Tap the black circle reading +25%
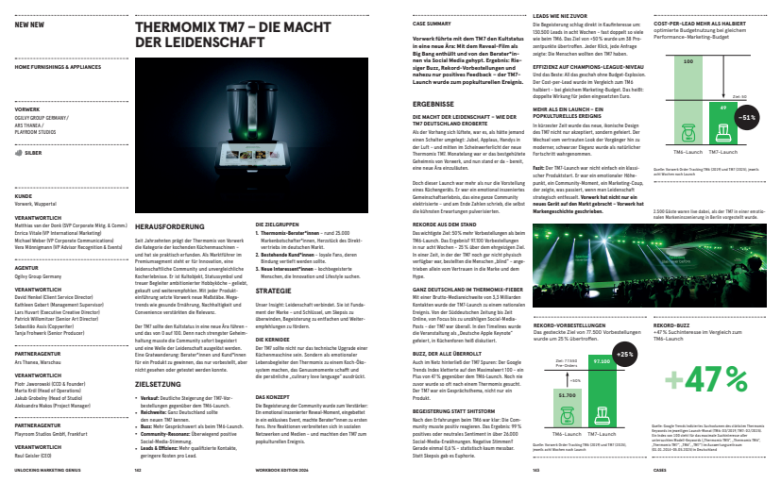tap(624, 354)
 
